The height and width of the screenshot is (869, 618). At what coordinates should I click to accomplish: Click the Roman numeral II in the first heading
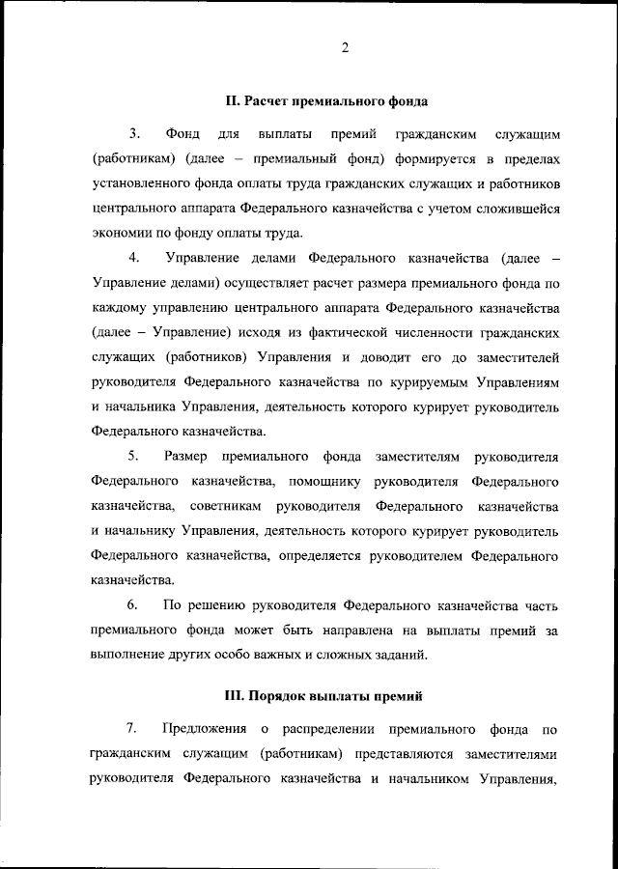[231, 100]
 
